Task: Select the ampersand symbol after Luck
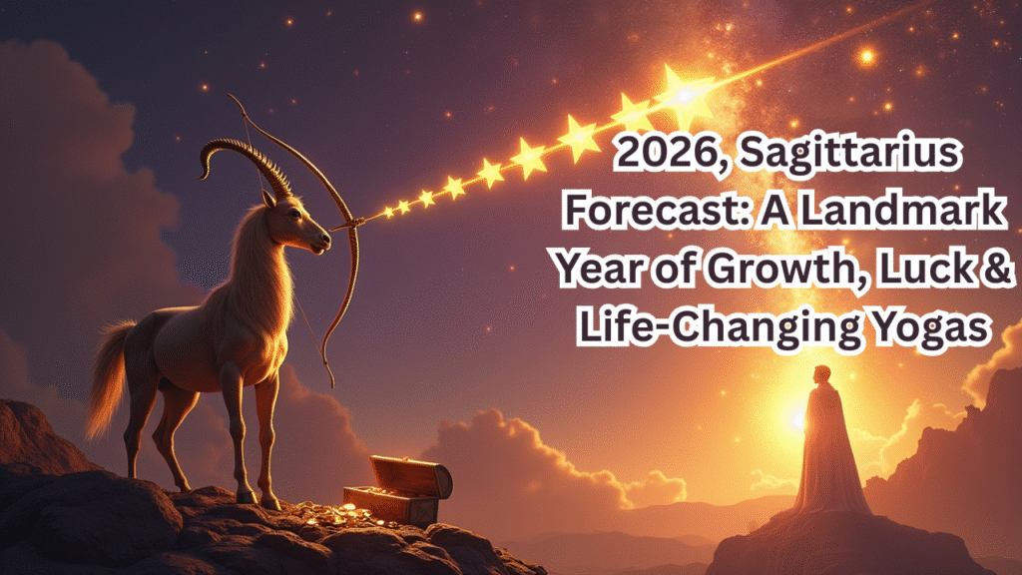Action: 995,269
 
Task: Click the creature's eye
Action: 295,214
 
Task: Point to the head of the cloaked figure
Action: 822,376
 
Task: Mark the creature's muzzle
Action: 319,243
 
